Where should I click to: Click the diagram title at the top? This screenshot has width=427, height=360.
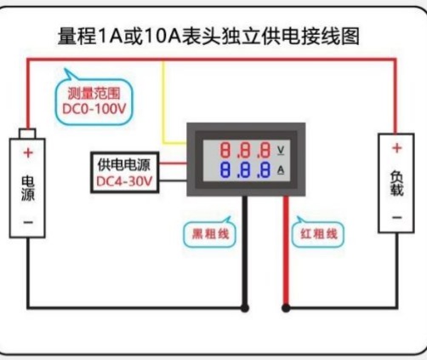[x=208, y=36]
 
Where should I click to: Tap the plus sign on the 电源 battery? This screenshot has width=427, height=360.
[x=28, y=153]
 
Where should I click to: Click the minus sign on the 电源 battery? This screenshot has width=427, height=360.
[x=28, y=222]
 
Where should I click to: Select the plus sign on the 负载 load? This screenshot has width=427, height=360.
[x=397, y=148]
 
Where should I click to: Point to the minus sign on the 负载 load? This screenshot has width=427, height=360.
[x=397, y=218]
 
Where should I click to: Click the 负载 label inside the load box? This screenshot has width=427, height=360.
[x=396, y=183]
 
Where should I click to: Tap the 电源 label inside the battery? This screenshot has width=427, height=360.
[x=28, y=188]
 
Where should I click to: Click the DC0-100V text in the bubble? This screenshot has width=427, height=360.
[x=94, y=109]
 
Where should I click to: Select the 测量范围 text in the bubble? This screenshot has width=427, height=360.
[x=94, y=94]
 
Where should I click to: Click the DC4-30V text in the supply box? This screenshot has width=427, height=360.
[x=124, y=181]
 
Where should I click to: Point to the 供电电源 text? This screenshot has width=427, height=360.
[x=123, y=165]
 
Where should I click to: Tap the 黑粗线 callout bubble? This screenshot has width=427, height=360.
[x=210, y=234]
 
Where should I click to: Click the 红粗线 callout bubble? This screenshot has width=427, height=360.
[x=318, y=234]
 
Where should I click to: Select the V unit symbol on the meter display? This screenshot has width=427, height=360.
[x=281, y=150]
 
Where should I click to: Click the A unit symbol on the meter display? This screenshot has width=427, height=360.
[x=281, y=170]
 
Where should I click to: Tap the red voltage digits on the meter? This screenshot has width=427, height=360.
[x=245, y=150]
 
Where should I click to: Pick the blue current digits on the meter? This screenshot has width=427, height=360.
[x=245, y=170]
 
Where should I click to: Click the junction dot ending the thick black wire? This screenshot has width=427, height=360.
[x=245, y=308]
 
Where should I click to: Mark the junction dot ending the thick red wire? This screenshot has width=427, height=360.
[x=286, y=308]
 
